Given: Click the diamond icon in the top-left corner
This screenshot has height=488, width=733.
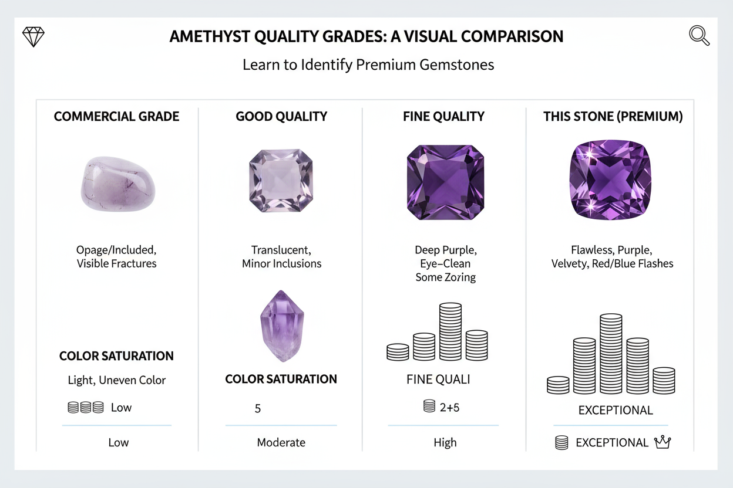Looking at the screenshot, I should (33, 36).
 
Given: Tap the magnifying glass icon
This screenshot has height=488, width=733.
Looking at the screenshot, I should (699, 36).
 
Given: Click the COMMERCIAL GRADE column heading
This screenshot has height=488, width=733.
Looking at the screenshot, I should (116, 116).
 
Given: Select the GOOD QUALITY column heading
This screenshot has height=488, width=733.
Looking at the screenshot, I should (281, 116).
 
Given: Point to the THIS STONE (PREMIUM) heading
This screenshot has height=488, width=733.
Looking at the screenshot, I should (613, 116).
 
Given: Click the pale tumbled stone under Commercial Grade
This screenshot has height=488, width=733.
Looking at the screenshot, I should (117, 184).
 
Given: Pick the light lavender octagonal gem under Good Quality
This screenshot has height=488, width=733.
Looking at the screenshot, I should (281, 181).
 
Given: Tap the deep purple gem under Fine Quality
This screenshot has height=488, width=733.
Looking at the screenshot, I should (445, 182).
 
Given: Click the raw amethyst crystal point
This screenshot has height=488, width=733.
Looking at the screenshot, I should (281, 326).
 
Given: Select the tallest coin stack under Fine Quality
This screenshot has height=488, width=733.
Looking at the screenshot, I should (450, 331).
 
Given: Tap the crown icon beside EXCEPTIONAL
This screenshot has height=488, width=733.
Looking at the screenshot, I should (663, 442).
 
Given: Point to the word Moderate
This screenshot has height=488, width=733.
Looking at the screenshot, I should (281, 442).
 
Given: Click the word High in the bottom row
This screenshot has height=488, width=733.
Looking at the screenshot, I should (445, 442).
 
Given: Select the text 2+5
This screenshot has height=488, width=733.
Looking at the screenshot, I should (449, 407).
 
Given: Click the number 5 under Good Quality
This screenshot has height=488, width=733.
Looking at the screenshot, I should (257, 408).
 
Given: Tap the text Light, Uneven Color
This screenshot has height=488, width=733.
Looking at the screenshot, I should (117, 380).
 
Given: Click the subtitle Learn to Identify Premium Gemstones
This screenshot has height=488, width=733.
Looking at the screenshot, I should (368, 64).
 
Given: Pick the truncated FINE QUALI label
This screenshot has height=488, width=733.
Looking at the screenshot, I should (438, 379).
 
